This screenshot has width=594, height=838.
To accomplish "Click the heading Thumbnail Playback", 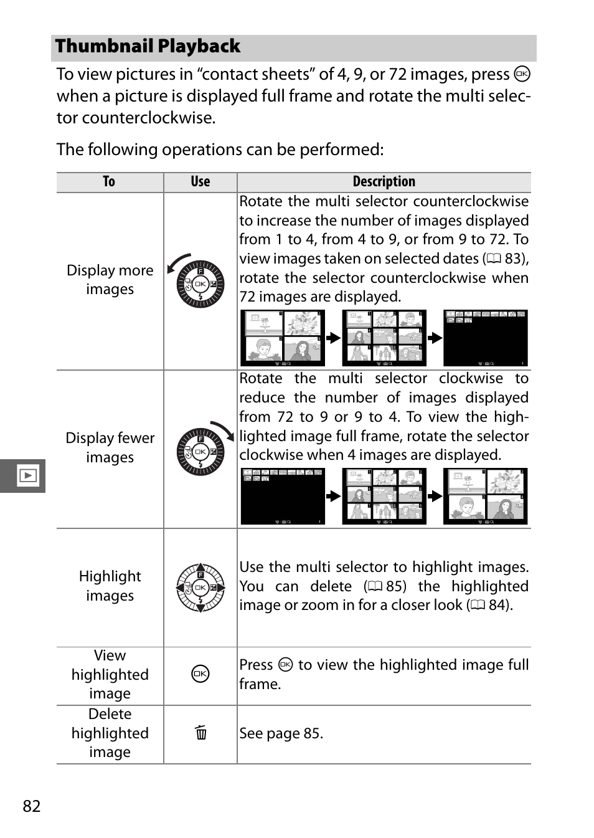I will [x=148, y=47].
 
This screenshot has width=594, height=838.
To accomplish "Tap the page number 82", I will [x=32, y=806].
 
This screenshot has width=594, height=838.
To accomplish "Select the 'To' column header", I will [x=109, y=182].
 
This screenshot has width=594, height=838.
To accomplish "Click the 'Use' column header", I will [x=200, y=182].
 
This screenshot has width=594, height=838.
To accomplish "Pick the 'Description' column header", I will [x=384, y=182].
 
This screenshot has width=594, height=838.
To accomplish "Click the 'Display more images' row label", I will [x=110, y=280].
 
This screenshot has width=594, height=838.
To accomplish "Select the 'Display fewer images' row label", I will [x=110, y=447].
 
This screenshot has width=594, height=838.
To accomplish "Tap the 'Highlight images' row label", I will [x=110, y=586].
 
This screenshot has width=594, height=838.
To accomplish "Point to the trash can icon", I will [x=200, y=732].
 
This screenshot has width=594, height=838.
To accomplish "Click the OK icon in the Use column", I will [x=200, y=674].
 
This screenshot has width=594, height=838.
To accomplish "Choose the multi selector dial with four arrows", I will [x=200, y=588].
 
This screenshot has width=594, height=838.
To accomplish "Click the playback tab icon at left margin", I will [x=28, y=476].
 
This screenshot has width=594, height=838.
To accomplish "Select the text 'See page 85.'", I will [x=281, y=733].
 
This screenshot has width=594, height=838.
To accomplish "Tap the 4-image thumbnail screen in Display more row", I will [x=283, y=338].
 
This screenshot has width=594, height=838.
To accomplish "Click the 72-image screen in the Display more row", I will [x=486, y=338].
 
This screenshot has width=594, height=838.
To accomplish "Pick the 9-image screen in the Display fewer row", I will [x=384, y=496].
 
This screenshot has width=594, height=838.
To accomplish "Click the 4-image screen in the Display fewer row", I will [x=486, y=496].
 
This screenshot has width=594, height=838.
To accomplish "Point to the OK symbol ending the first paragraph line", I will [x=522, y=74].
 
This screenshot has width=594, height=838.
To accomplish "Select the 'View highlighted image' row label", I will [x=110, y=674].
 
